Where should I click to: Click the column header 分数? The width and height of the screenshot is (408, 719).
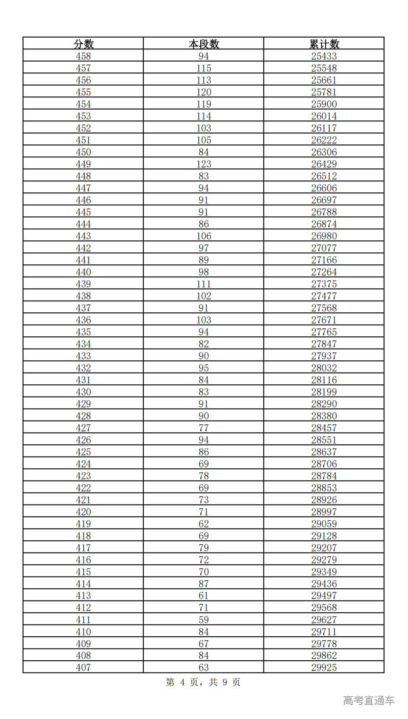click(83, 44)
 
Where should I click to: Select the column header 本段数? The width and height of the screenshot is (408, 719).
click(204, 44)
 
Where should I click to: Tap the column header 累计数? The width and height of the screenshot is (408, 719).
click(324, 44)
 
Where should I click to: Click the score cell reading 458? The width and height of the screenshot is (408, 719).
click(83, 56)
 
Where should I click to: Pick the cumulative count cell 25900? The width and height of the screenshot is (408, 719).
click(324, 104)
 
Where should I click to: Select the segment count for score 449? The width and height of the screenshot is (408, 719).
click(204, 164)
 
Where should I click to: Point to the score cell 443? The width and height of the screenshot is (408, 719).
click(83, 236)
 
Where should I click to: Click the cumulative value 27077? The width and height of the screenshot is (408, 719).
click(324, 248)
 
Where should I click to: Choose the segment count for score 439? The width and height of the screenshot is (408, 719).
click(204, 284)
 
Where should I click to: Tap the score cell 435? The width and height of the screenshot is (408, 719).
click(83, 332)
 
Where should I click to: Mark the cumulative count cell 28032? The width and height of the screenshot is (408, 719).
click(324, 368)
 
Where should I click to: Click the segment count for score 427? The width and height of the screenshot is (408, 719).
click(204, 428)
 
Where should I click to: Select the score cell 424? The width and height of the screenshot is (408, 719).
click(83, 464)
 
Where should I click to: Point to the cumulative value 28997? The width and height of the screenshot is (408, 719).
click(324, 512)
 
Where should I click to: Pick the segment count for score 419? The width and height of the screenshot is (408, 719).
click(204, 524)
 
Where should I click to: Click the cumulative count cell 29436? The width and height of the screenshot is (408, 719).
click(324, 584)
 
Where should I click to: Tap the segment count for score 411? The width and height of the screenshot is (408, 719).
click(204, 620)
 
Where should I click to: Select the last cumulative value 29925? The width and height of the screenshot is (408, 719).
click(324, 668)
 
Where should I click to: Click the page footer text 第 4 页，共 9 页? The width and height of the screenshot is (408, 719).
click(203, 682)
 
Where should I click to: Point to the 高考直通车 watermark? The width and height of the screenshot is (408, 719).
click(368, 701)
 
